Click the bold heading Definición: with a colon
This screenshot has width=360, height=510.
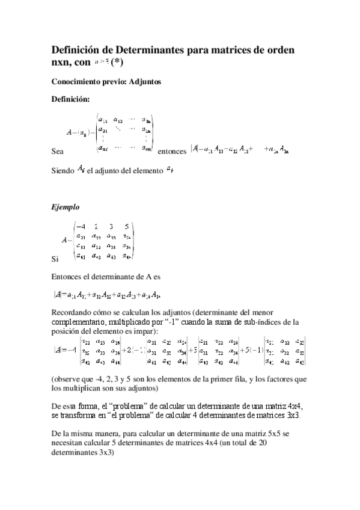click(x=70, y=99)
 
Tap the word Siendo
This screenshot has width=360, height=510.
click(x=63, y=171)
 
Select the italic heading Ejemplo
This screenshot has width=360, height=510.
click(x=66, y=207)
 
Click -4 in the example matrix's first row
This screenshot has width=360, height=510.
click(x=81, y=227)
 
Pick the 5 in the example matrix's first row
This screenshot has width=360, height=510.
click(x=125, y=227)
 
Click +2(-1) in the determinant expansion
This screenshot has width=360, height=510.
click(x=133, y=351)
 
